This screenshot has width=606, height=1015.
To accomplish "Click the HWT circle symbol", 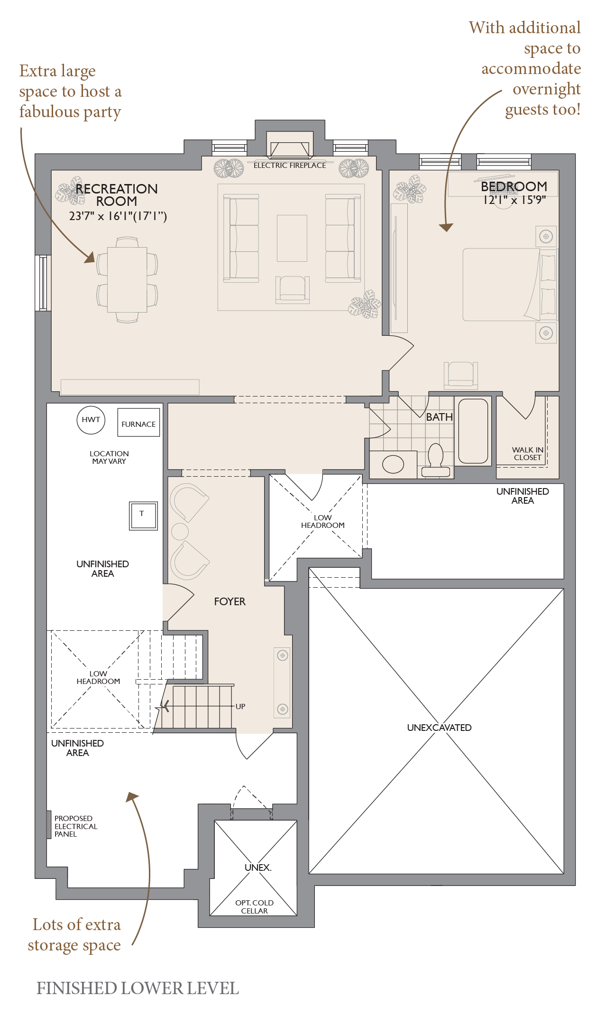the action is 91,420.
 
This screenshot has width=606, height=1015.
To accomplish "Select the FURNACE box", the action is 138,423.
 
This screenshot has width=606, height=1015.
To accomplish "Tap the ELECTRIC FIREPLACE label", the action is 290,166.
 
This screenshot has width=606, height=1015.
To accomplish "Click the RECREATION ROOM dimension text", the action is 118,216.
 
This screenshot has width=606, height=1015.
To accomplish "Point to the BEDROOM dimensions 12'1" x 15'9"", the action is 514,200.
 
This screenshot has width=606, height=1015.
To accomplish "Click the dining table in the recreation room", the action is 127,279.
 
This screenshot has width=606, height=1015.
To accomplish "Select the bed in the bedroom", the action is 510,285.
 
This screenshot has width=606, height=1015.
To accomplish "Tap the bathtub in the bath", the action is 473,431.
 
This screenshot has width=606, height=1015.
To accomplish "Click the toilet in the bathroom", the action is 435,460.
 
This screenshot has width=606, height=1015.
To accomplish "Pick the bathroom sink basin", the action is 393,464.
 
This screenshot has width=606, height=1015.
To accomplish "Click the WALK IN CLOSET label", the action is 527,453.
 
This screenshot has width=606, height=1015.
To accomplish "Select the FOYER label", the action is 230,601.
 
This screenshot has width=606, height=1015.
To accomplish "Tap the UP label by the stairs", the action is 240,706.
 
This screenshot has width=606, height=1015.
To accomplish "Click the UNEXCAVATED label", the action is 439,728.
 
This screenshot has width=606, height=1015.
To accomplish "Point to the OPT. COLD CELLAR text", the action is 254,907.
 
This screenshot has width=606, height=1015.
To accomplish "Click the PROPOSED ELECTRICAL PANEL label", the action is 76,826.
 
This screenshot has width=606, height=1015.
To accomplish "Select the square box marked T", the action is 143,516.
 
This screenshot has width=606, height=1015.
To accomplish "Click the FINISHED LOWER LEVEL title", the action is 138,988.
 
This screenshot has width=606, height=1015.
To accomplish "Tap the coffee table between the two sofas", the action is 292,238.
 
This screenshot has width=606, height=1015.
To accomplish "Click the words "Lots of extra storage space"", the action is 74,935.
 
